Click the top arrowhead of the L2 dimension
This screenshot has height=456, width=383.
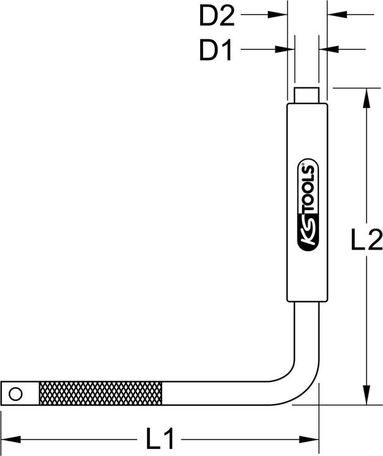[365, 94]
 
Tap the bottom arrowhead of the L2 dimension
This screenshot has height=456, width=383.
[365, 399]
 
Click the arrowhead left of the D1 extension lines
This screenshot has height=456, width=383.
[288, 49]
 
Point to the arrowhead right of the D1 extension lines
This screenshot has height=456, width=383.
[326, 49]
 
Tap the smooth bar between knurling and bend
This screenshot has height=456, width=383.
[228, 394]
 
